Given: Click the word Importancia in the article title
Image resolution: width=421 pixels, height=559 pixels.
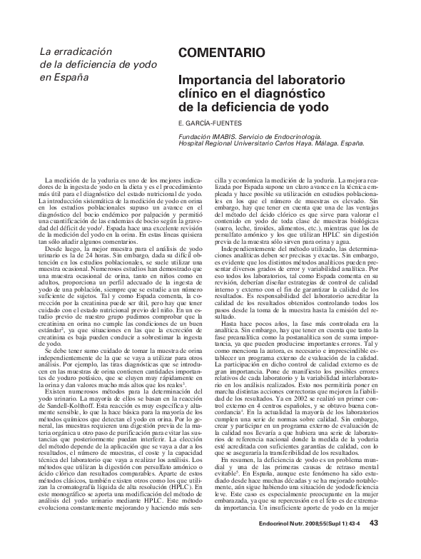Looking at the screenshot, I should coord(213,81).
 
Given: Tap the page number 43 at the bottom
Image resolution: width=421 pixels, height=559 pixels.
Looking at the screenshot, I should coord(373,543).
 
